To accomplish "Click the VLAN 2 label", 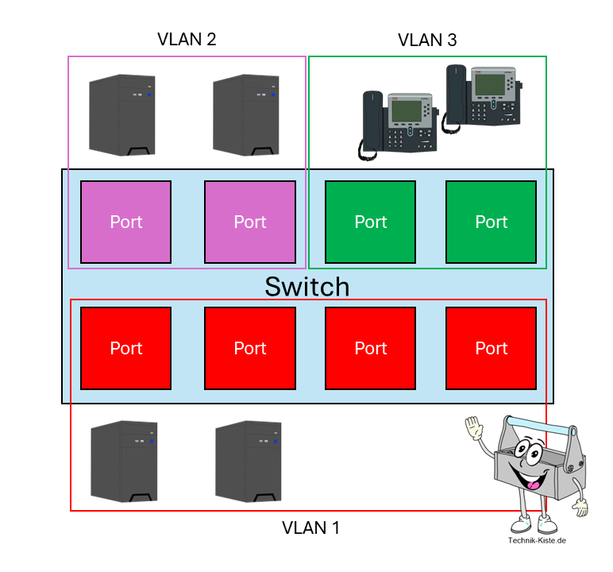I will (x=187, y=38).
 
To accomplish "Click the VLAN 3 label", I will (x=427, y=40).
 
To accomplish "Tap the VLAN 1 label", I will (x=310, y=527).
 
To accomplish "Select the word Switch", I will (x=307, y=286).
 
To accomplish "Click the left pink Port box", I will (x=126, y=222).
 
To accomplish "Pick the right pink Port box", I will (x=250, y=222).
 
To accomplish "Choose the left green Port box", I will (x=371, y=222).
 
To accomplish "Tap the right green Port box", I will (x=492, y=222).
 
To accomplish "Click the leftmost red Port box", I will (x=126, y=348).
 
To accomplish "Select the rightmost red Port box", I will (x=492, y=348).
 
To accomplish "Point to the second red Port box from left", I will (x=250, y=348).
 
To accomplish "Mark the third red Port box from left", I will (x=371, y=348).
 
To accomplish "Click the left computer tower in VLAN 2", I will (x=121, y=115).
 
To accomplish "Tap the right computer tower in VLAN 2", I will (x=245, y=115).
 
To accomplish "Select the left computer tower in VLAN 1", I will (x=122, y=462).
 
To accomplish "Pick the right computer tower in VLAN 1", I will (x=247, y=462).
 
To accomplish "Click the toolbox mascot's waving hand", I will (x=474, y=430).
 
